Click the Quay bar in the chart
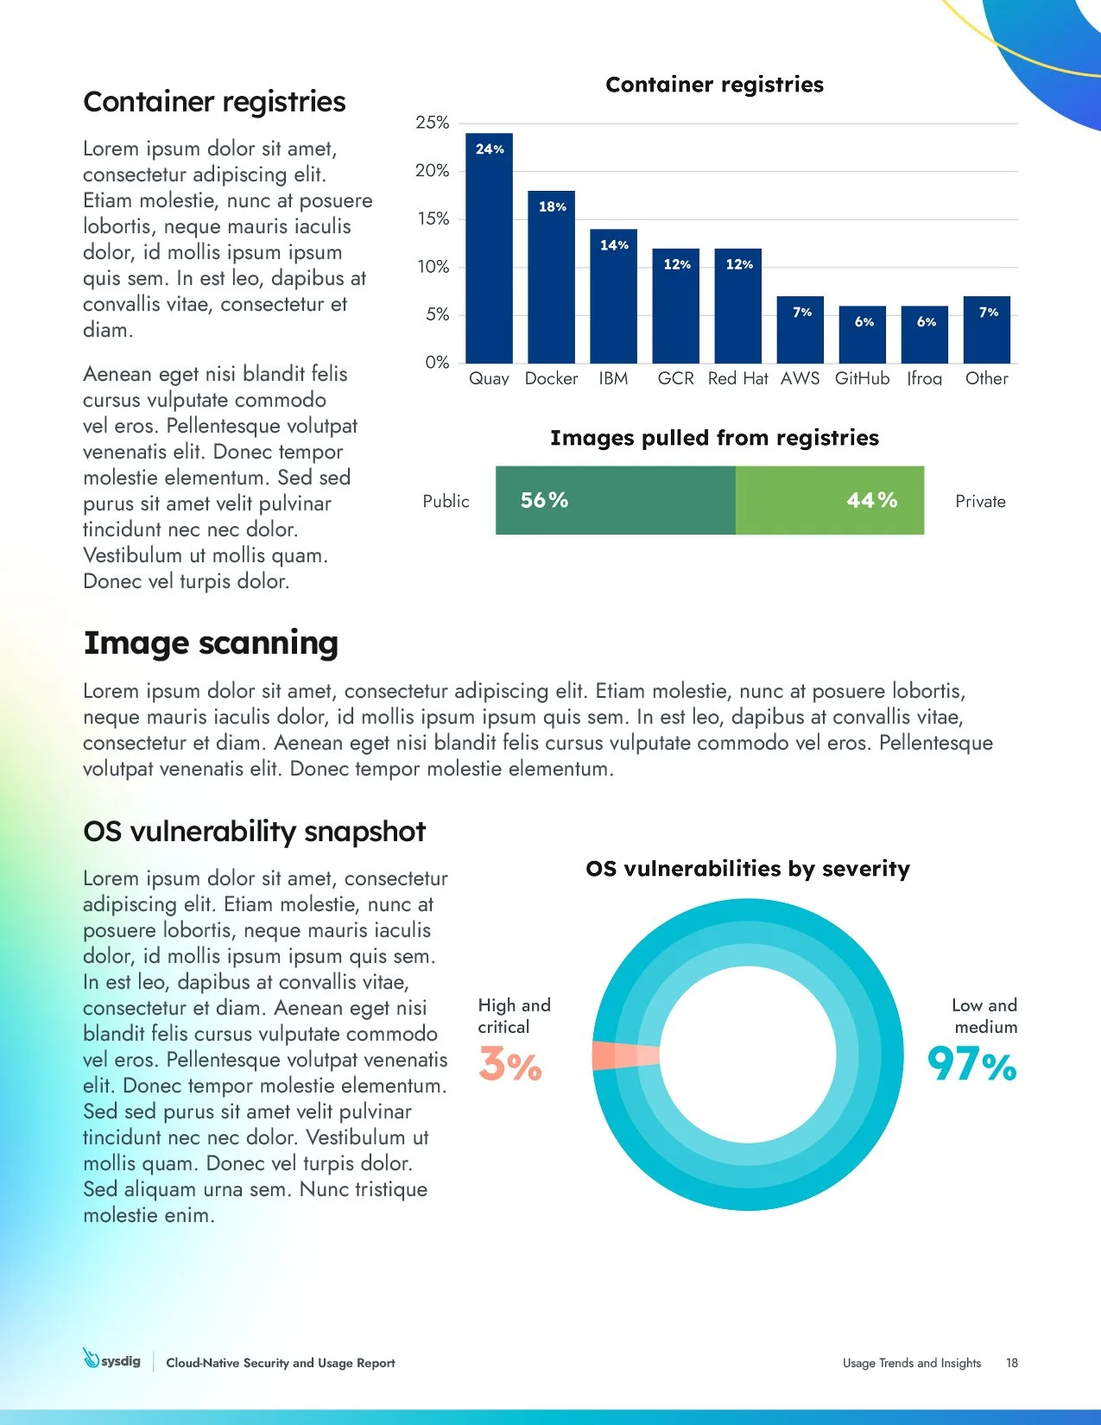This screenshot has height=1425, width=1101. click(489, 250)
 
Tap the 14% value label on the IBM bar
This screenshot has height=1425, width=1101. click(614, 245)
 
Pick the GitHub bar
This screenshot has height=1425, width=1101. click(862, 337)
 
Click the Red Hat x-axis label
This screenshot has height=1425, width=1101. click(737, 378)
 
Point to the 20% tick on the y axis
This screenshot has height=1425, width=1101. click(433, 171)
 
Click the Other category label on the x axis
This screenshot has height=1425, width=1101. click(986, 378)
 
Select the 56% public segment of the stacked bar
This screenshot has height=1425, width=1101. click(615, 501)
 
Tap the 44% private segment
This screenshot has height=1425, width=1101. click(829, 501)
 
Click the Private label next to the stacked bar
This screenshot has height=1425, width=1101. click(980, 502)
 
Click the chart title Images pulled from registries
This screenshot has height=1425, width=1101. click(714, 438)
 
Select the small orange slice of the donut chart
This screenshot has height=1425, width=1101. click(623, 1056)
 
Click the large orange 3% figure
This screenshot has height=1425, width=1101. click(509, 1065)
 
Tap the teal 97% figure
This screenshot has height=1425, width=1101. click(971, 1065)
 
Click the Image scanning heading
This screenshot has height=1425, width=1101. click(211, 643)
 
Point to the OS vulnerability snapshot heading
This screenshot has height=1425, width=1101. click(254, 831)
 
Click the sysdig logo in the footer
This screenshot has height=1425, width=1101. click(112, 1360)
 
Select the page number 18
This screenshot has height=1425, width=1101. click(1011, 1363)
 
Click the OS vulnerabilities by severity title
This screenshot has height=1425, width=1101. click(747, 869)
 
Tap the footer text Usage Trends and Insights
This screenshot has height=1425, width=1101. click(911, 1363)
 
